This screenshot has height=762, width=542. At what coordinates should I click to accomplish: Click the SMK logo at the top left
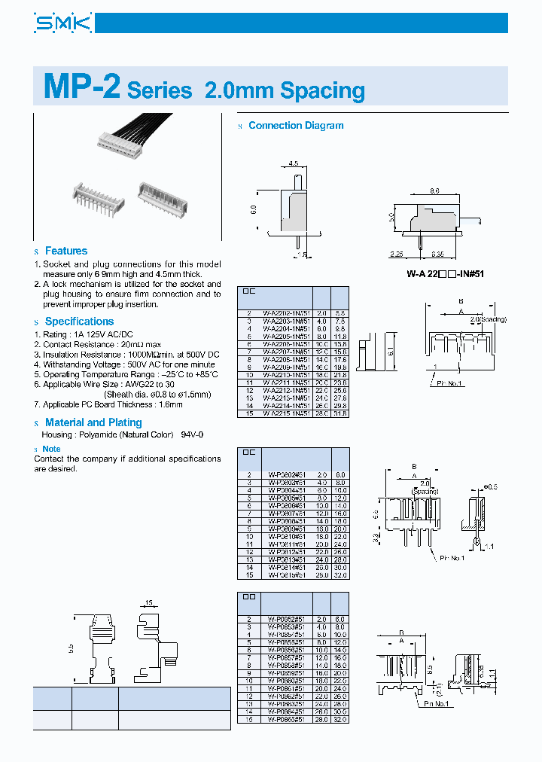[62, 25]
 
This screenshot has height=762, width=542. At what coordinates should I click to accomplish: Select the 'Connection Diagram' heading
[296, 126]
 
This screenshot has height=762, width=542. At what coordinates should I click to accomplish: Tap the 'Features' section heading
[65, 251]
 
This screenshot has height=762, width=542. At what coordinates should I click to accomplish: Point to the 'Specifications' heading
[79, 322]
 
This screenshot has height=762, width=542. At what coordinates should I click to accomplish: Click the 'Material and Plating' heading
[93, 422]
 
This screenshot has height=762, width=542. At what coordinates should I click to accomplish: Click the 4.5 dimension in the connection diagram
[294, 163]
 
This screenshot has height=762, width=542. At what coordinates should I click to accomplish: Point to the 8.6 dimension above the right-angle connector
[434, 192]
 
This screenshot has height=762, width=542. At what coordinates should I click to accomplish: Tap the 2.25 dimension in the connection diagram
[397, 255]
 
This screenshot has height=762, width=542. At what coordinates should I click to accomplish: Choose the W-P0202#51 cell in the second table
[286, 474]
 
